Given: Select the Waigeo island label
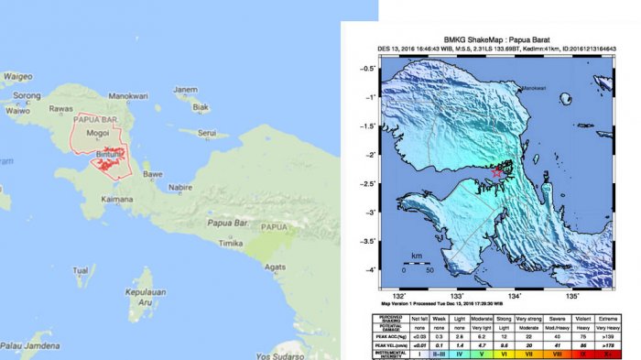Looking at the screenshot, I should click(x=17, y=76).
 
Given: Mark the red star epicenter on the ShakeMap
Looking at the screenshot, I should click(x=497, y=171).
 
